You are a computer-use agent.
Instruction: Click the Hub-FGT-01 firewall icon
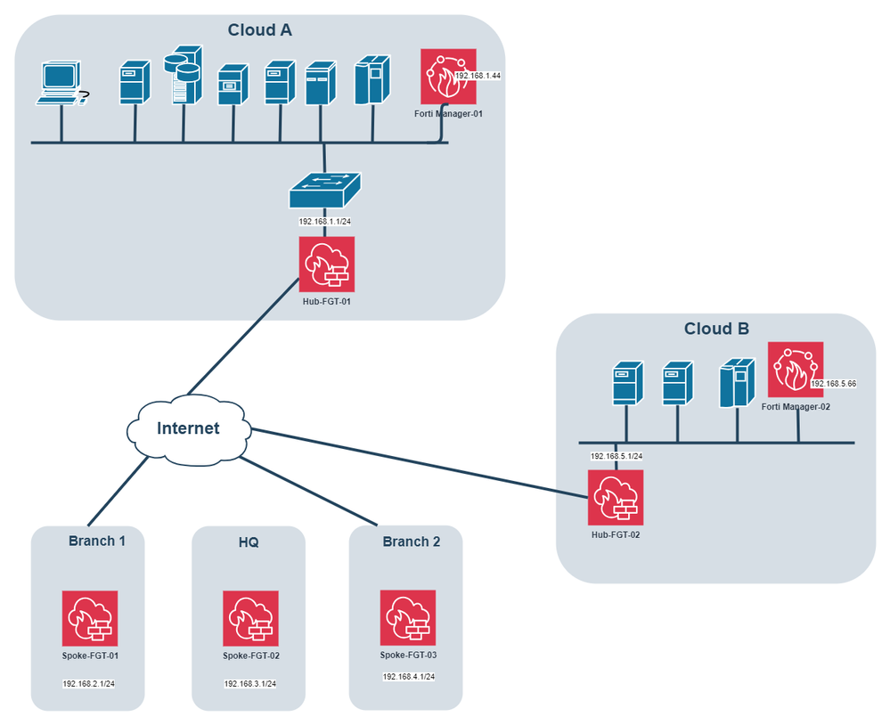pos(326,264)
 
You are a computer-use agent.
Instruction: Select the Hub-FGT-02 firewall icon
pos(615,497)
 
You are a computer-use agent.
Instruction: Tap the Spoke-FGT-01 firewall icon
pos(90,618)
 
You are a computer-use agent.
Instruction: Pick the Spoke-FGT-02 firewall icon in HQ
pos(250,618)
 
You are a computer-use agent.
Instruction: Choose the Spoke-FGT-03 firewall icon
pos(408,617)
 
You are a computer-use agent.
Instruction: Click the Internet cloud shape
pos(188,428)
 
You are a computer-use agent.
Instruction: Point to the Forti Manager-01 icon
pos(449,77)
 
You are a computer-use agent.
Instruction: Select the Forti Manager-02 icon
pos(795,370)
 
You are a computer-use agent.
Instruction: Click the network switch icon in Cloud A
pos(325,191)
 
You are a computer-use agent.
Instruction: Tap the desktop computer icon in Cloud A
pos(61,84)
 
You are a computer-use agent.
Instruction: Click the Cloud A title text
pos(260,30)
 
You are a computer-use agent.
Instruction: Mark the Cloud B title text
pos(716,329)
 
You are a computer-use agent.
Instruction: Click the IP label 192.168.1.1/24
pos(325,222)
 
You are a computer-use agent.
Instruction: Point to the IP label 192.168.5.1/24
pos(616,456)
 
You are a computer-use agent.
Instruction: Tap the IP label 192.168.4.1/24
pos(409,677)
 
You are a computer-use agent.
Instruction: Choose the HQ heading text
pos(249,542)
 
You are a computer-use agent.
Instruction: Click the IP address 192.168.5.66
pos(833,384)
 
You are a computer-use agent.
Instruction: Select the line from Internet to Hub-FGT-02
pos(419,460)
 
